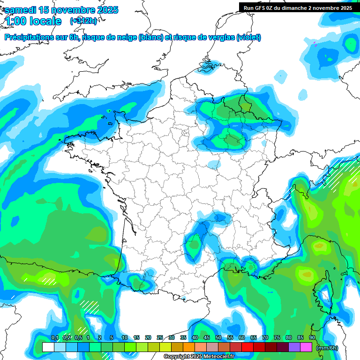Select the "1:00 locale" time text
[x=33, y=21]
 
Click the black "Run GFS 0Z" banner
[x=298, y=7]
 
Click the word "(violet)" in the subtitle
[x=249, y=37]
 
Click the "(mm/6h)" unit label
[x=327, y=348]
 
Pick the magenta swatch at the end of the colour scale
[x=306, y=347]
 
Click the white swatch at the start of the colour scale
[x=48, y=347]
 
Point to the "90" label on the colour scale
[x=312, y=337]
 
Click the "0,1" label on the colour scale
[x=54, y=337]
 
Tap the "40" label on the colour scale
[x=195, y=337]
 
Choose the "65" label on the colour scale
[x=254, y=337]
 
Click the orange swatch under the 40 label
[x=189, y=347]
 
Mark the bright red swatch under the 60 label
[x=247, y=347]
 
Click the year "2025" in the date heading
[x=105, y=10]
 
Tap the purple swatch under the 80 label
[x=294, y=347]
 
